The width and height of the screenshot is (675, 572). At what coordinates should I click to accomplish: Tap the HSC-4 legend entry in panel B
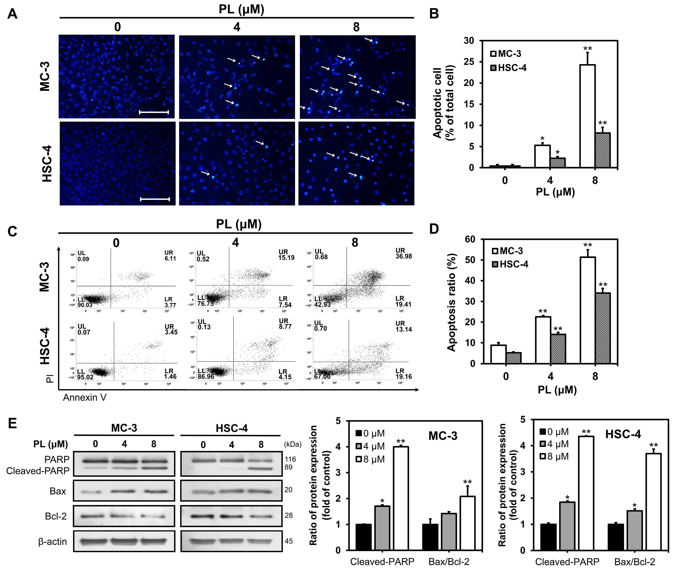[x=508, y=68]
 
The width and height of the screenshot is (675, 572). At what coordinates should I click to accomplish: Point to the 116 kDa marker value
[x=290, y=459]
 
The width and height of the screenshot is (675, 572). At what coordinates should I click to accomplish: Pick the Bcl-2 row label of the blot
[x=56, y=516]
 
